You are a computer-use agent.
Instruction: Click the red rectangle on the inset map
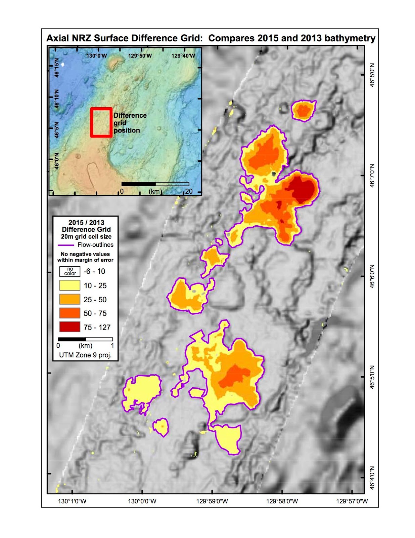[101, 109]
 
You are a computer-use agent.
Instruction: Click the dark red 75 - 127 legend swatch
[70, 327]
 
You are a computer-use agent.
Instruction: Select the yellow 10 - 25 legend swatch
[70, 285]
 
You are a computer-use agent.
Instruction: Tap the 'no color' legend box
[70, 271]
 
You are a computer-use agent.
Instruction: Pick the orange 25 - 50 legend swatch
[70, 299]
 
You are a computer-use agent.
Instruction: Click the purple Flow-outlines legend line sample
[66, 245]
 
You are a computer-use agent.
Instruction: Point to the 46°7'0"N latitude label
[372, 176]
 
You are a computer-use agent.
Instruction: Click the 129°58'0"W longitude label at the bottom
[282, 501]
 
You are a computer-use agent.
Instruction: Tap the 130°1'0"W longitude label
[72, 501]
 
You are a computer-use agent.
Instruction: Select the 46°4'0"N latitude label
[372, 478]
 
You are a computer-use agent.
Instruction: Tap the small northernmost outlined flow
[304, 110]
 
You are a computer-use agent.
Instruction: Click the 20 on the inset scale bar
[189, 191]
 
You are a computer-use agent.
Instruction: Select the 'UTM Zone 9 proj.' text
[85, 355]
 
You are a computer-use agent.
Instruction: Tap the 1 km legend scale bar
[85, 339]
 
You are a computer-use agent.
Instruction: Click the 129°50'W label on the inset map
[140, 55]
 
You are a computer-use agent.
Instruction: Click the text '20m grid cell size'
[86, 236]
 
